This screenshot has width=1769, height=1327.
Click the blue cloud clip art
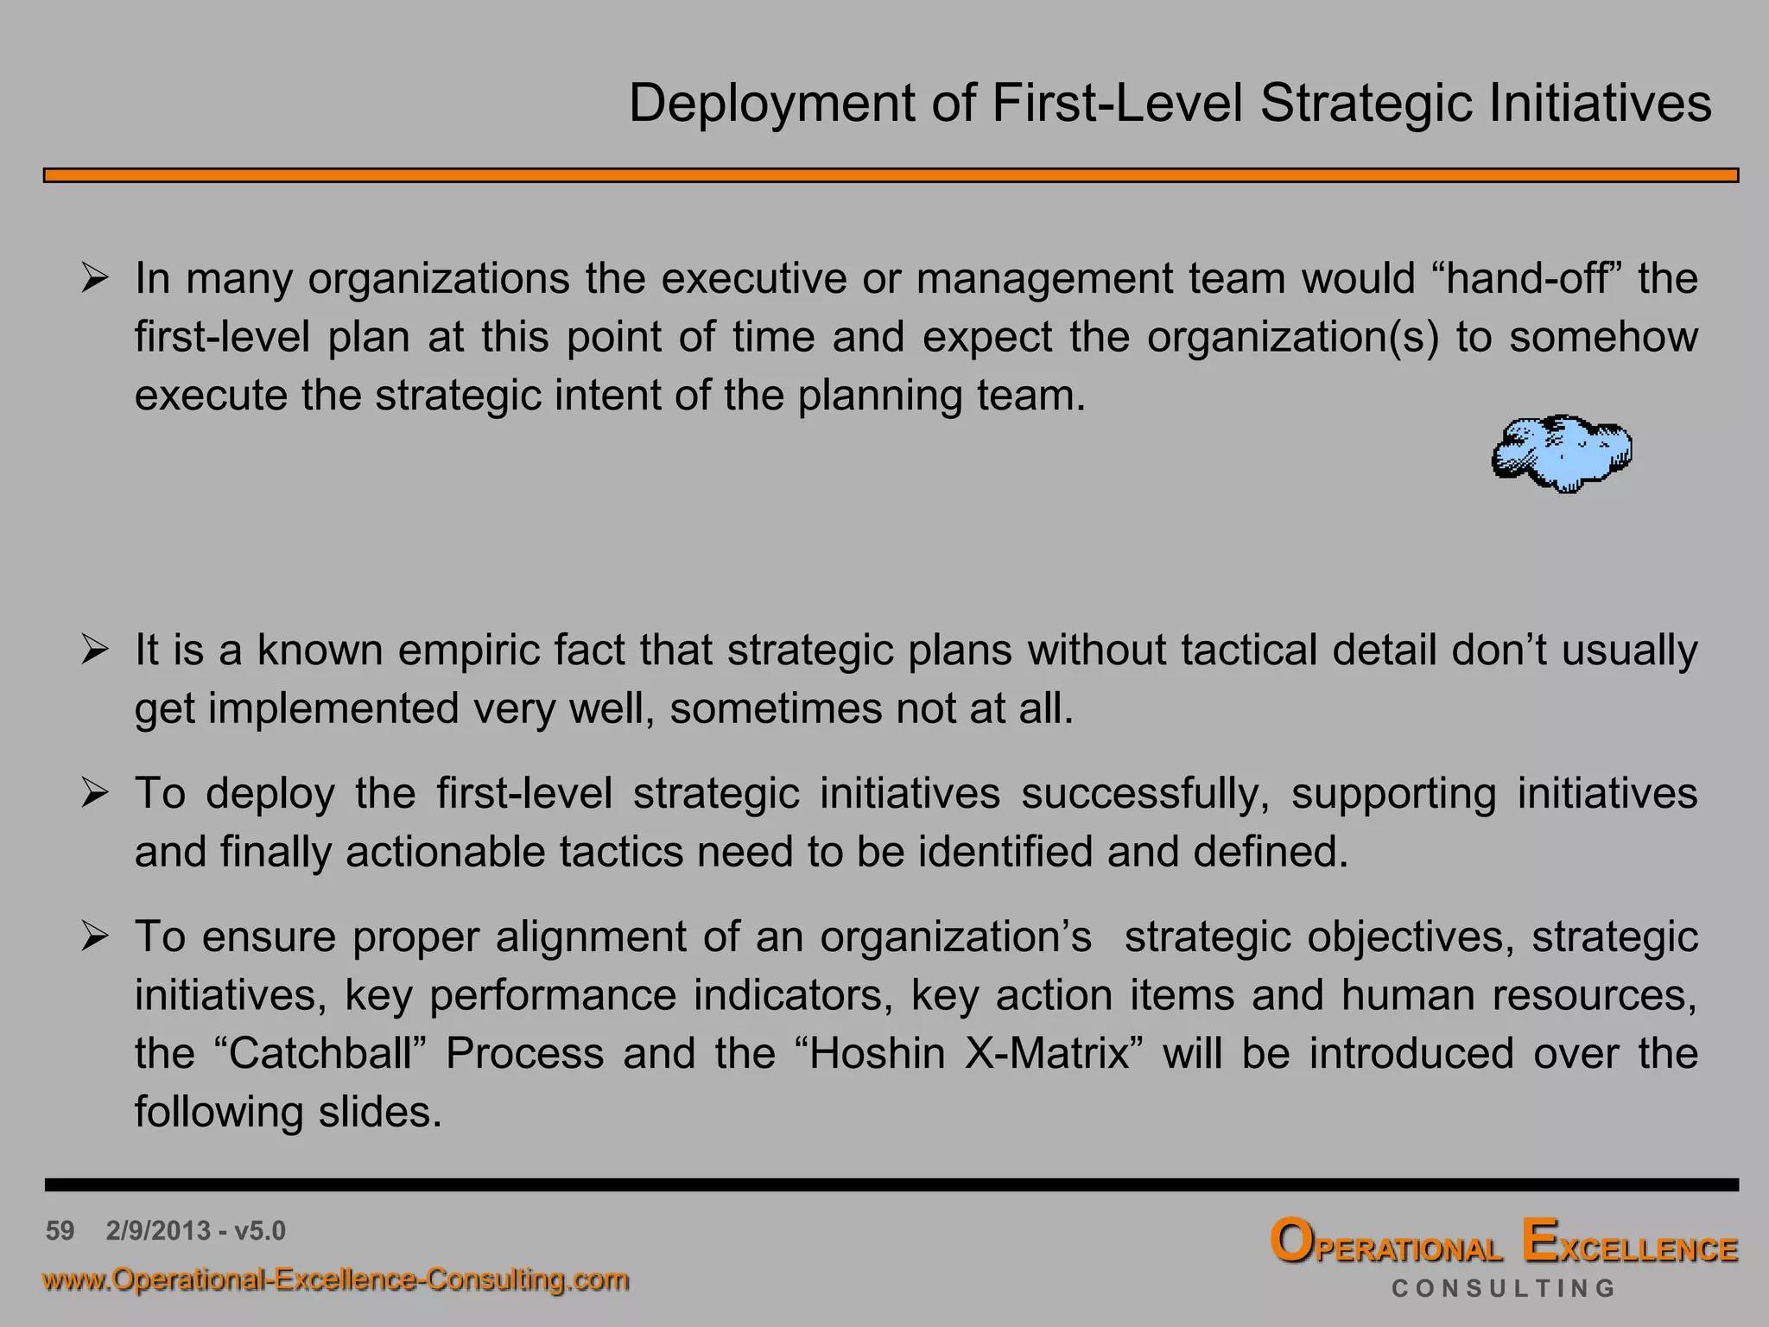coord(1561,453)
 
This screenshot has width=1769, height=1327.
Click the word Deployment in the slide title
coord(771,105)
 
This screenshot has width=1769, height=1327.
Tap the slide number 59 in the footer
coord(60,1230)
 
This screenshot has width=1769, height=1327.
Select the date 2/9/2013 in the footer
coord(159,1230)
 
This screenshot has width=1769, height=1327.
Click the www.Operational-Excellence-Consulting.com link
coord(336,1279)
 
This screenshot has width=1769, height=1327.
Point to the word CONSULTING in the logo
coord(1503,1289)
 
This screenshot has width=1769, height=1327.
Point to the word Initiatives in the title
coord(1599,105)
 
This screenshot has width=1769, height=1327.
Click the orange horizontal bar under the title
coord(890,175)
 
